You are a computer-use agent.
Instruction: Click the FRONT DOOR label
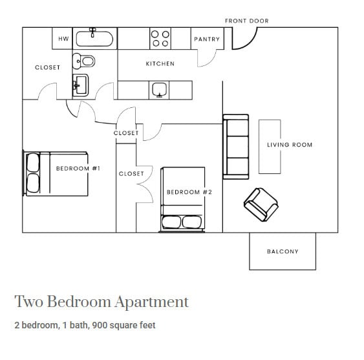click(x=246, y=21)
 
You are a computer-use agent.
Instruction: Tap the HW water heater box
click(x=63, y=39)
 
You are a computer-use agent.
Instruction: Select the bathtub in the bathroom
click(x=94, y=39)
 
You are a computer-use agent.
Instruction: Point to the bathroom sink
click(x=81, y=85)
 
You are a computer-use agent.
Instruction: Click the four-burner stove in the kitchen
click(x=160, y=38)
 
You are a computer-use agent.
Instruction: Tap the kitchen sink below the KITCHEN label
click(x=159, y=90)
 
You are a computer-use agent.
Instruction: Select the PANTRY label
click(x=206, y=39)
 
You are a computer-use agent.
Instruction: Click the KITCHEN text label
click(x=160, y=64)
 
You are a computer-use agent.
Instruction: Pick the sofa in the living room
click(x=235, y=147)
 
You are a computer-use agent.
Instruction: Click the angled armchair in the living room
click(x=261, y=203)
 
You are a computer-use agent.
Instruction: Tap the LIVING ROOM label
click(x=289, y=145)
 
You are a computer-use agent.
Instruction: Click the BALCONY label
click(x=283, y=251)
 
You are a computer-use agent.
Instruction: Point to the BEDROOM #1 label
click(x=78, y=169)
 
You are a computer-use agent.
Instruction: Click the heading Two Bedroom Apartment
click(x=102, y=302)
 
